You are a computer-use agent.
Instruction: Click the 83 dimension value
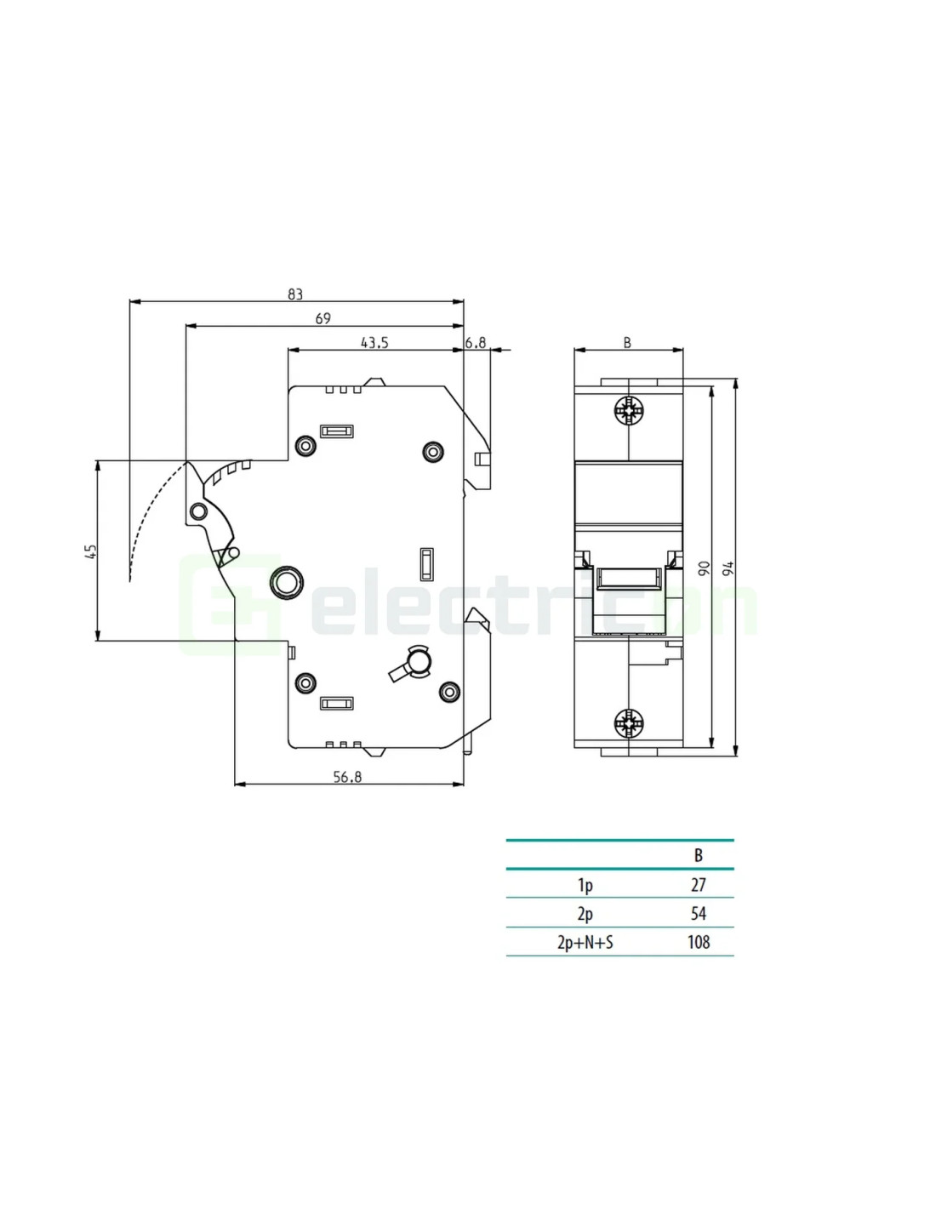[295, 294]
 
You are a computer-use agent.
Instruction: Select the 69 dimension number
[322, 318]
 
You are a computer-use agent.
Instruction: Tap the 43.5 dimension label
[374, 343]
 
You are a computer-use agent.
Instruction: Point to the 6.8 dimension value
[476, 343]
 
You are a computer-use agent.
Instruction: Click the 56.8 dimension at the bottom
[347, 777]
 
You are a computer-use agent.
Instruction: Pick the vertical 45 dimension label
[92, 551]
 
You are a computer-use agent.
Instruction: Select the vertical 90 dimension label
[704, 568]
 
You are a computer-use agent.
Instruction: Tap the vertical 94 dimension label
[728, 568]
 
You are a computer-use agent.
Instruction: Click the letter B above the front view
[627, 343]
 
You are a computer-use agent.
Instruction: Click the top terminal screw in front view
[629, 412]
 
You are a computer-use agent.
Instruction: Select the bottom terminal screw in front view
[629, 723]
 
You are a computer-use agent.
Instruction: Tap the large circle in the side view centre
[285, 583]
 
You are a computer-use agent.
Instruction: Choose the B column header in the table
[699, 856]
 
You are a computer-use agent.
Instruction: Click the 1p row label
[585, 885]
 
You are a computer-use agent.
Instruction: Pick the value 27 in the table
[699, 885]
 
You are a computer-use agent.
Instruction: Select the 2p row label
[585, 914]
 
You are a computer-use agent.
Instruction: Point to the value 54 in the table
[699, 914]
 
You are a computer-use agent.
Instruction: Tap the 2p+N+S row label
[585, 942]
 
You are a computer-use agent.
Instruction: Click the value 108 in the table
[699, 942]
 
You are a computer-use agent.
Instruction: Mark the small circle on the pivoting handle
[198, 511]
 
